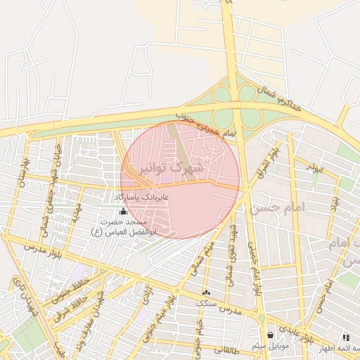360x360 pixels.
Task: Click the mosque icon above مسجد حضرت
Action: click(x=124, y=211)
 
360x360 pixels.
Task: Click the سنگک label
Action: click(x=206, y=302)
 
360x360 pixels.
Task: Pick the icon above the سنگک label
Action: click(x=206, y=292)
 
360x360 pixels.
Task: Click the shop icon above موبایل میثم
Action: click(x=271, y=335)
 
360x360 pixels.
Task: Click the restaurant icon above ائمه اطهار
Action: click(x=345, y=338)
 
